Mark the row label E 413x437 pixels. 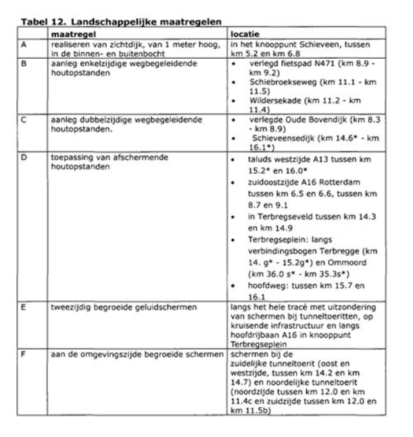tap(26, 306)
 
